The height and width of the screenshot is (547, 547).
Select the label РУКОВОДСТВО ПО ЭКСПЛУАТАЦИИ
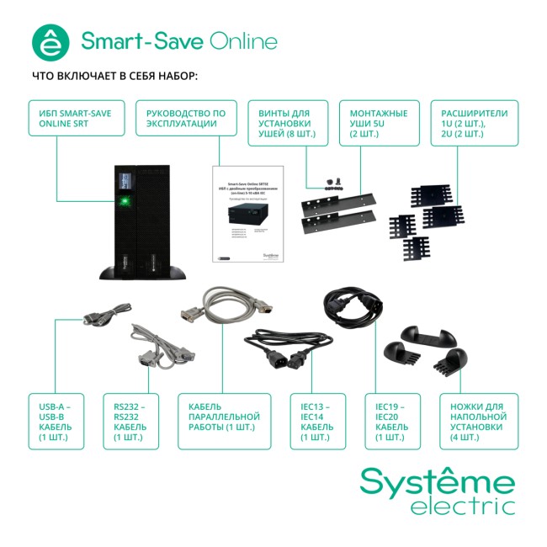tap(186, 123)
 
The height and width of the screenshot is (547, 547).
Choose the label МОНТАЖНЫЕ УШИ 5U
tap(379, 123)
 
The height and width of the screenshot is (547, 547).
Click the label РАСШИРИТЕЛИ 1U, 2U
tap(474, 123)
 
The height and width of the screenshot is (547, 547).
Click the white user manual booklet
tap(247, 215)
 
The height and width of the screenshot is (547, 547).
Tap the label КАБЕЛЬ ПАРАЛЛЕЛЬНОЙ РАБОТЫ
tap(224, 421)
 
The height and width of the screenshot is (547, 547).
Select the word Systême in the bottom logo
tap(437, 483)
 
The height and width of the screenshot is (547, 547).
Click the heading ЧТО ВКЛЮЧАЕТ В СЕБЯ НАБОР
tap(114, 76)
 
